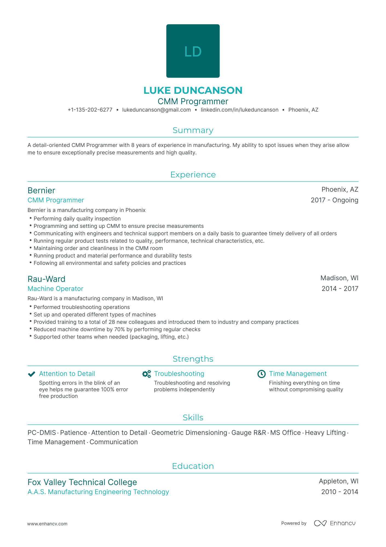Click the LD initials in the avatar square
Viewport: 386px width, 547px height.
click(193, 52)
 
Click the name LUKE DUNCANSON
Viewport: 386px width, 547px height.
click(193, 90)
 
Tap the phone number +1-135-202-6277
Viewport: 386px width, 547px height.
click(90, 110)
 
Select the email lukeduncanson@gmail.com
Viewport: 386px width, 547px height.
click(156, 110)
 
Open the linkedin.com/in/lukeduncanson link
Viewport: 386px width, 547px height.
click(240, 110)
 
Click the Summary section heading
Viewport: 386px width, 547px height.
click(193, 130)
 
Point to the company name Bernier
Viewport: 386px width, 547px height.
click(41, 191)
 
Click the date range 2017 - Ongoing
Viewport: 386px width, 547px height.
click(334, 200)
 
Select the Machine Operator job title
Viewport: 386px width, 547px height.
click(55, 289)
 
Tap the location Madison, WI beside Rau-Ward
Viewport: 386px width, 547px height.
click(339, 278)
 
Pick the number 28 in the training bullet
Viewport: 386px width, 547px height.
click(112, 322)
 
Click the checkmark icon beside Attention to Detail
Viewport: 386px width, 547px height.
click(32, 374)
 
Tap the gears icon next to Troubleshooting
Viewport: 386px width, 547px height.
click(146, 374)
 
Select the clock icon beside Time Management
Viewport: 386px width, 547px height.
click(261, 374)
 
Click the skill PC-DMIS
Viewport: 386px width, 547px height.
click(42, 433)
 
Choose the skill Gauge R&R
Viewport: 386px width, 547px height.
click(249, 433)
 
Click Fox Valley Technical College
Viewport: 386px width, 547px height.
click(82, 482)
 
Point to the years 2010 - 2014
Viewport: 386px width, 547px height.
click(339, 492)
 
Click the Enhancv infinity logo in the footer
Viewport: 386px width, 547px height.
click(320, 523)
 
